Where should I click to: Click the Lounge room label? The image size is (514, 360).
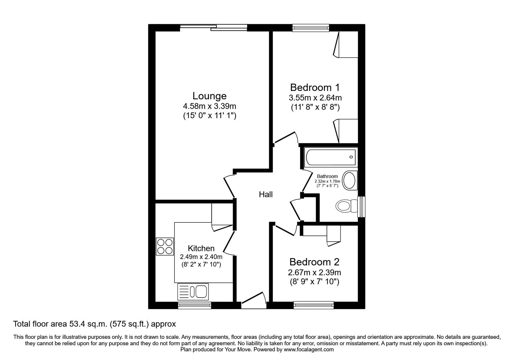(x=209, y=96)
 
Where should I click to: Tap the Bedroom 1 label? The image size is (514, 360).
(x=315, y=87)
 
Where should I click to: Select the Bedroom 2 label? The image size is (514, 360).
(x=314, y=262)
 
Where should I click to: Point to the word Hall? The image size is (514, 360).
(x=266, y=194)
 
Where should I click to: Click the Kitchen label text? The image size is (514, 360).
(x=201, y=248)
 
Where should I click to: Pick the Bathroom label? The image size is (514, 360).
(x=327, y=176)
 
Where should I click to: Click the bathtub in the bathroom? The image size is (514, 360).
(x=331, y=157)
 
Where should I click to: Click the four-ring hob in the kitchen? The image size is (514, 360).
(x=165, y=247)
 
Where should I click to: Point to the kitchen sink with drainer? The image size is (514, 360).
(x=193, y=292)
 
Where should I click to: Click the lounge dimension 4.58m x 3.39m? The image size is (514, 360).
(x=209, y=106)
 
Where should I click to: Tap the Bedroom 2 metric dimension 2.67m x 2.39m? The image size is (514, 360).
(x=315, y=273)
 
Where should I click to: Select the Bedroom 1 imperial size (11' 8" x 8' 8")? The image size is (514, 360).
(x=315, y=107)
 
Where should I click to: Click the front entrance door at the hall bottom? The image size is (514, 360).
(x=253, y=300)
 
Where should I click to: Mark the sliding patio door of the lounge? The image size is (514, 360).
(x=214, y=28)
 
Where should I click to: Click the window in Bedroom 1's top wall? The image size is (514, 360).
(x=311, y=28)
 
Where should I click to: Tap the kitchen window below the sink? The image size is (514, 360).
(x=195, y=305)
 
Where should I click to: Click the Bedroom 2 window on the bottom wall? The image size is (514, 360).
(x=314, y=305)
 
